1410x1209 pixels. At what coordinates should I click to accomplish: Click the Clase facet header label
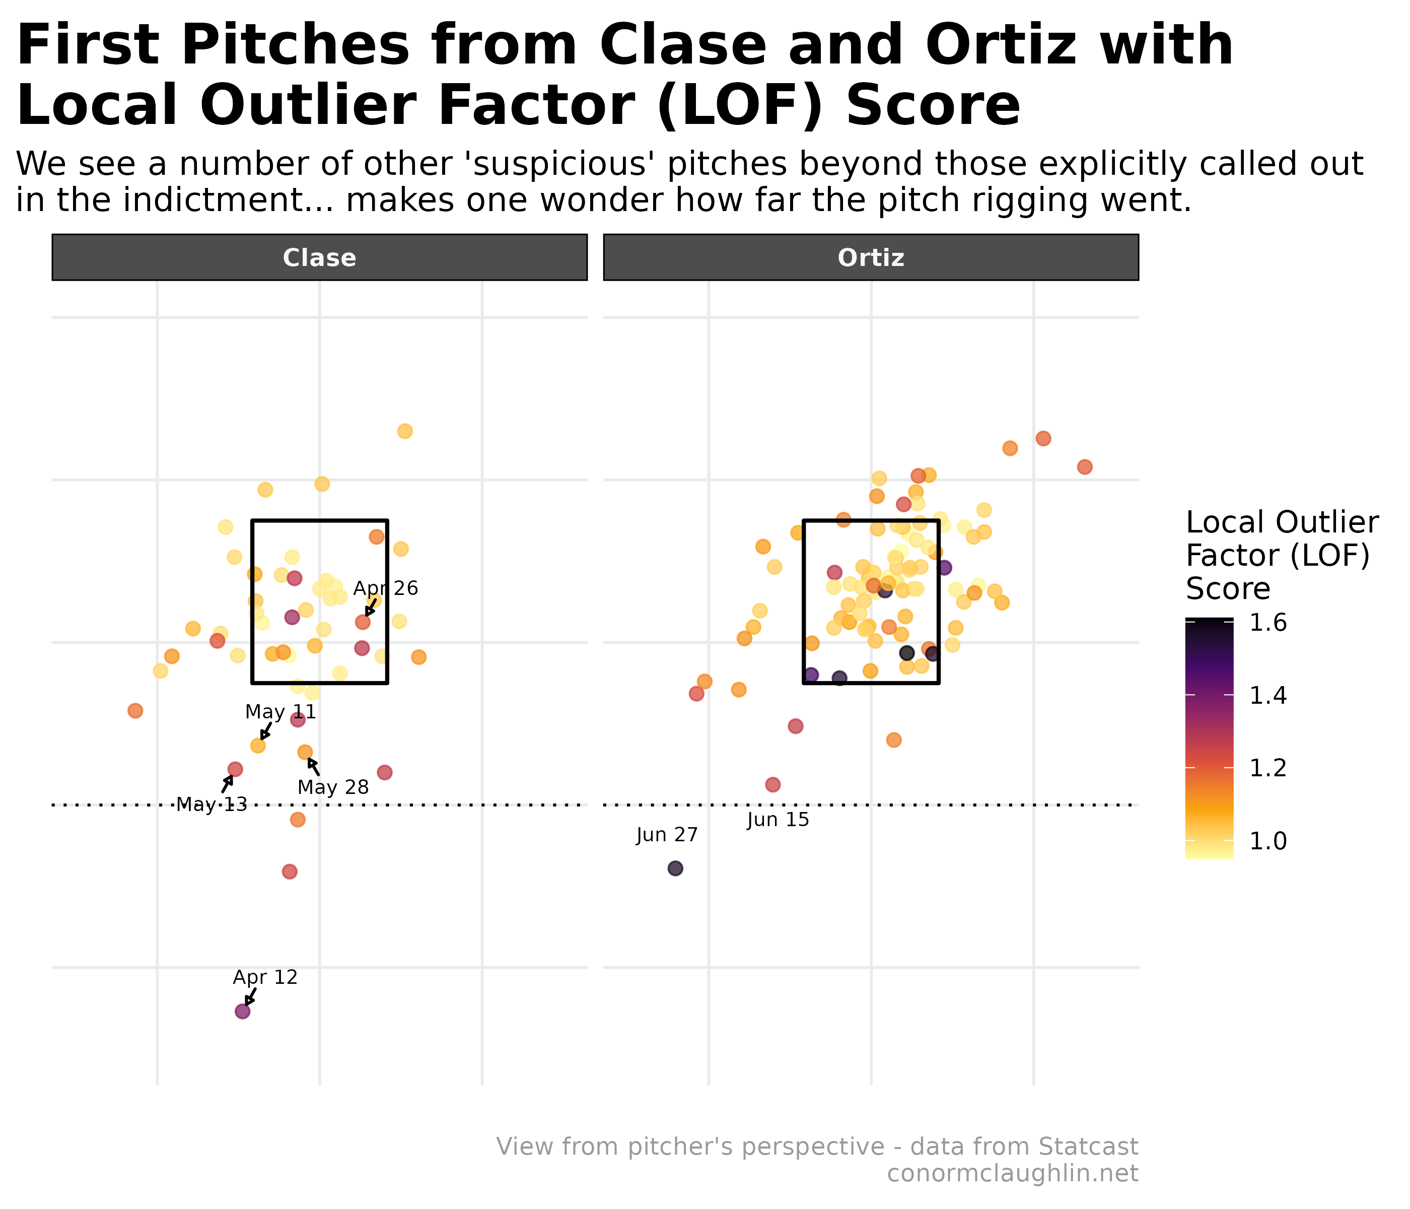[319, 258]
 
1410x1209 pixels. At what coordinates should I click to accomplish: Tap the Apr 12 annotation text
[265, 978]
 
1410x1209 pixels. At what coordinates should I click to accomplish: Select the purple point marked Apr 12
[242, 1012]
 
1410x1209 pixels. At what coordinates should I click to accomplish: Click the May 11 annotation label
[280, 713]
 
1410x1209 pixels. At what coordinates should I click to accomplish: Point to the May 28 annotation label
[333, 788]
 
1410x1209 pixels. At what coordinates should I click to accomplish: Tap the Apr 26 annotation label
[385, 589]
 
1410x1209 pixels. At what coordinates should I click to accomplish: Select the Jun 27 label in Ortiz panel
[667, 835]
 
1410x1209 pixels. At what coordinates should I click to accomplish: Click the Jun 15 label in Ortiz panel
[778, 820]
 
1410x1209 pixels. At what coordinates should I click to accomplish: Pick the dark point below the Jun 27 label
[675, 868]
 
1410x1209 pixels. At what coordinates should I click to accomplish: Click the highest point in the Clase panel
[405, 431]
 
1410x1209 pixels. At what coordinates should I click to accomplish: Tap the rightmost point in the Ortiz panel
[1085, 467]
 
